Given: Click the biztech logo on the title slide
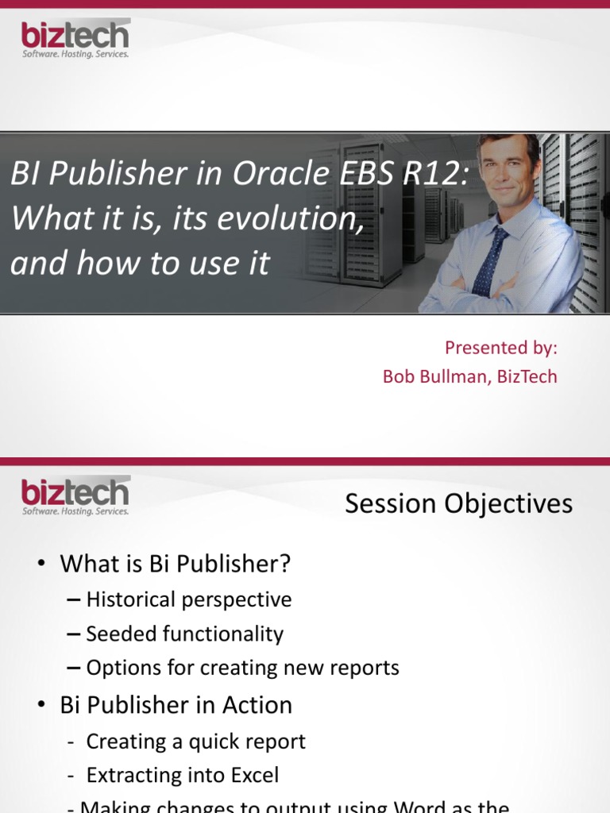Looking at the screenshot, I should (75, 39).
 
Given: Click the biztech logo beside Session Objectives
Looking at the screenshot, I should (75, 496).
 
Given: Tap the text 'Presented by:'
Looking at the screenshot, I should (500, 348).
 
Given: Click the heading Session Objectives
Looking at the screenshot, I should (458, 503).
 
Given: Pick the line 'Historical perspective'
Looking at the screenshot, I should (188, 599).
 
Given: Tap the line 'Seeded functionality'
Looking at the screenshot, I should (184, 634).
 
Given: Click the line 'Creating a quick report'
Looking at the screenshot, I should (195, 742).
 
